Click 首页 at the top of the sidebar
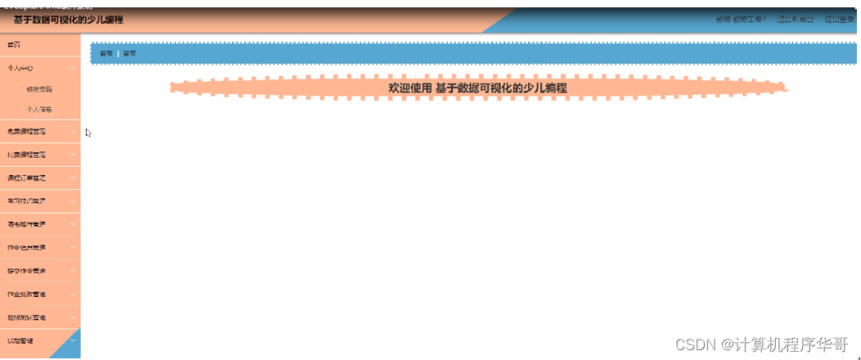pos(15,44)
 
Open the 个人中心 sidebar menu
pos(20,68)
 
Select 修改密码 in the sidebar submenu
pos(39,89)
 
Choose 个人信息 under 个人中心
pos(39,109)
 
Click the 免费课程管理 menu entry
pos(27,132)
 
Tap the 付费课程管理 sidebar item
pos(27,155)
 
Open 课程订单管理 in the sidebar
pos(27,178)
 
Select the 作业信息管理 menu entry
pos(27,247)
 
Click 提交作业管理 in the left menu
pos(27,270)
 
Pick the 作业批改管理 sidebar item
pos(27,294)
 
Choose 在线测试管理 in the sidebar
pos(27,317)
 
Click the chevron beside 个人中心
pos(73,68)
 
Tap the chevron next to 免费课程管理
pos(73,132)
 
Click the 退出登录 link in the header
pos(839,19)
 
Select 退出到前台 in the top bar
pos(795,19)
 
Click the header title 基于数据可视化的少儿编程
pos(68,20)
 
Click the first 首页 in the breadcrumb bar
pos(106,54)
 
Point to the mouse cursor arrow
pos(88,133)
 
